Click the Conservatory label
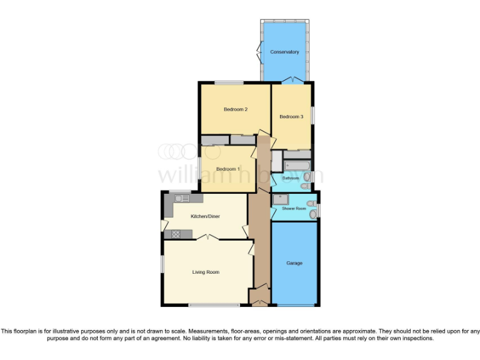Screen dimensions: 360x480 [x=284, y=52]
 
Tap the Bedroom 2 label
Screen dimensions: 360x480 [x=236, y=109]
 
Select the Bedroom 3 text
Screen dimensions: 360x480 [x=291, y=117]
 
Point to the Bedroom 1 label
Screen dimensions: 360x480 [x=227, y=169]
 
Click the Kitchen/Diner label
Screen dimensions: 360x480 [x=205, y=216]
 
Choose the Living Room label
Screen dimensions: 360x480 [x=205, y=272]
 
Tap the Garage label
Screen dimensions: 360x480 [x=294, y=263]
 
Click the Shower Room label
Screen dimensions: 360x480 [x=293, y=208]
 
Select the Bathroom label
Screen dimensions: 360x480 [x=291, y=179]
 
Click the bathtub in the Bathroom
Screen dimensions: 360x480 [x=297, y=166]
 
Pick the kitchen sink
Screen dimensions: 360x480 [x=182, y=198]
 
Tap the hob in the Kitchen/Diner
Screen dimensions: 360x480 [x=176, y=234]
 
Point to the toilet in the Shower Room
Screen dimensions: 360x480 [x=313, y=214]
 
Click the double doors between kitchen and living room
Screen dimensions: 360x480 [x=207, y=237]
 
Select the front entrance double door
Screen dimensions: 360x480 [x=259, y=303]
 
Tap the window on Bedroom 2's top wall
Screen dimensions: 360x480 [x=229, y=82]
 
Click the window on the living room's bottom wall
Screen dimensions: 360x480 [x=214, y=305]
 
